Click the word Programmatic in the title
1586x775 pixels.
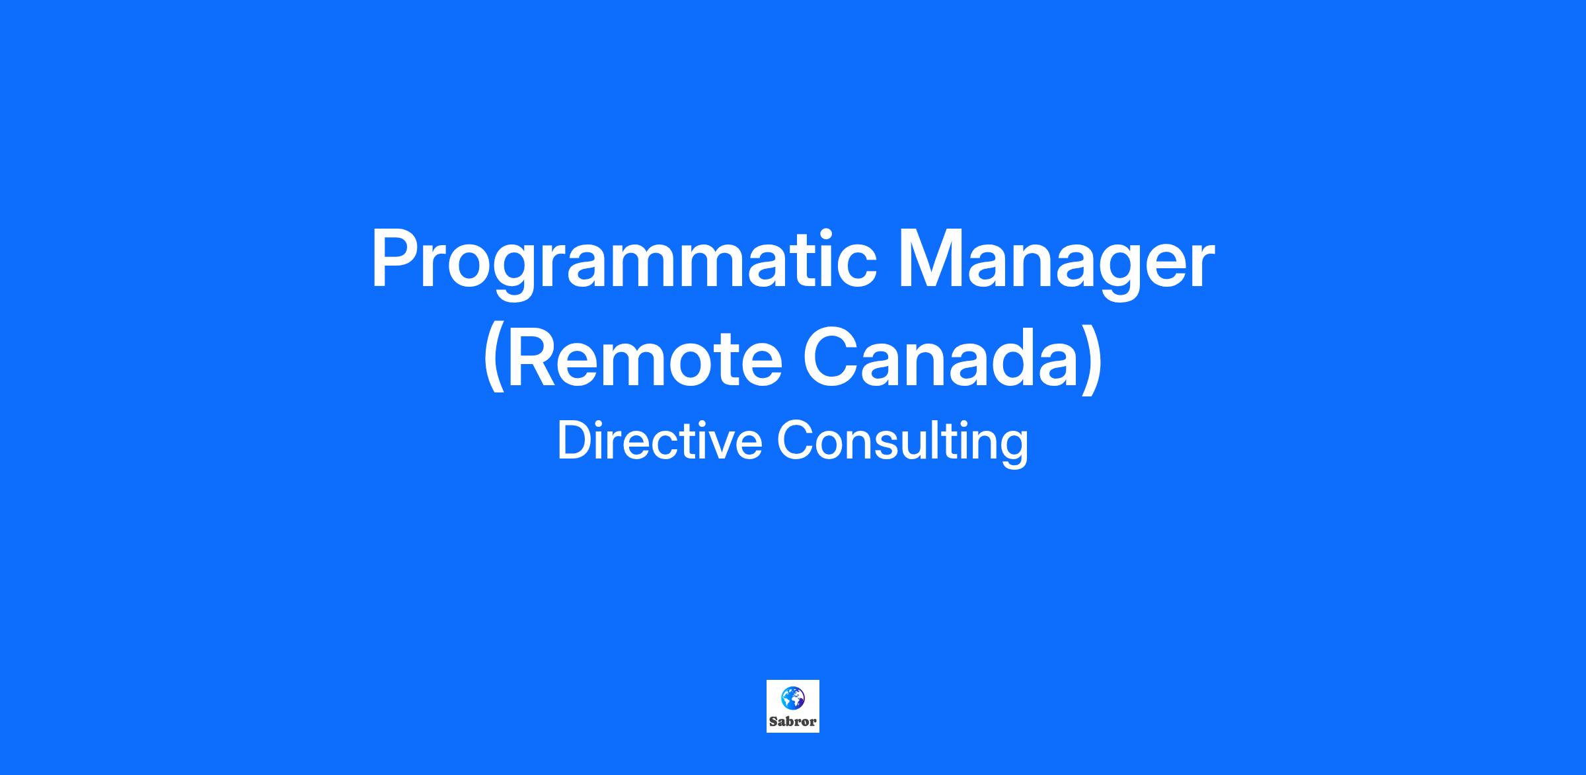tap(624, 263)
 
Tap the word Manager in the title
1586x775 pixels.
tap(1055, 263)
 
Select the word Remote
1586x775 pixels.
tap(646, 357)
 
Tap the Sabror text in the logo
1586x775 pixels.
tap(792, 721)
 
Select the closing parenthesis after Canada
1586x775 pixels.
tap(1093, 362)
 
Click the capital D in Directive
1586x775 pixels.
tap(574, 440)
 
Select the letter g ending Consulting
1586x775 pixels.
tap(1015, 449)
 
